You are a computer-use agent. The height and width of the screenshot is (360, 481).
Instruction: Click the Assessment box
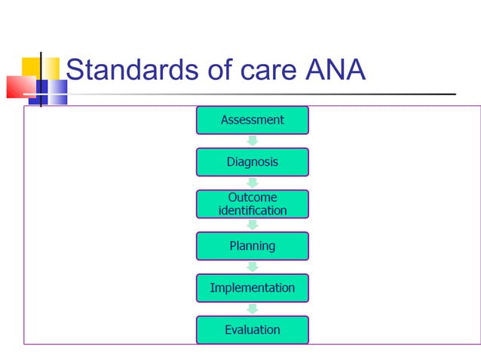coord(252,120)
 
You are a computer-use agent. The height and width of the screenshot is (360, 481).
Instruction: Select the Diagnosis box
coord(252,162)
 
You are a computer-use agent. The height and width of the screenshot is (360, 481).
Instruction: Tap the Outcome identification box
coord(252,204)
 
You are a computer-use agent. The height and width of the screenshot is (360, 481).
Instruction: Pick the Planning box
coord(252,246)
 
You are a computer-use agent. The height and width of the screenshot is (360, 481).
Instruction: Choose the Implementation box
coord(252,288)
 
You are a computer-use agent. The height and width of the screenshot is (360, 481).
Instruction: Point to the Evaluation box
coord(252,330)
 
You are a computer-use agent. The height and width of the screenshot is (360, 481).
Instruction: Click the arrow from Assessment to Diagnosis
coord(253,141)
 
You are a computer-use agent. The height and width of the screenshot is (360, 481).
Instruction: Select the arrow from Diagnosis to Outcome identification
coord(253,182)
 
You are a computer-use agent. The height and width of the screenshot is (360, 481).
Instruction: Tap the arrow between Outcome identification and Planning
coord(253,224)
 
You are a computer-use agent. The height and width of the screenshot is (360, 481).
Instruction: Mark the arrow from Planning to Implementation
coord(253,267)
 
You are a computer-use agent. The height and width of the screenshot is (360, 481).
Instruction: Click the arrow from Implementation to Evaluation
coord(253,309)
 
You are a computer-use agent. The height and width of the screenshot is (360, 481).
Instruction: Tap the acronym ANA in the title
coord(335,70)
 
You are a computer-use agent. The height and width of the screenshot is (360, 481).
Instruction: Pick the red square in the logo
coord(20,87)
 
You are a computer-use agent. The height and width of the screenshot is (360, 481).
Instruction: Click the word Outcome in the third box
coord(253,197)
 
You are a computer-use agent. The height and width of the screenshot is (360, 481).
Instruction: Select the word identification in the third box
coord(253,211)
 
